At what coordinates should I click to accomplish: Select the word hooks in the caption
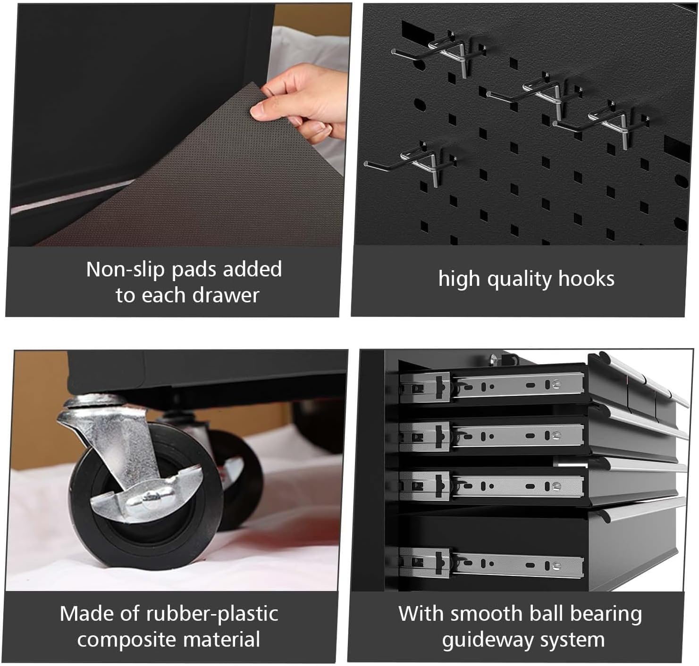click(586, 278)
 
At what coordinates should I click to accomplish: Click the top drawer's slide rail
click(492, 387)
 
